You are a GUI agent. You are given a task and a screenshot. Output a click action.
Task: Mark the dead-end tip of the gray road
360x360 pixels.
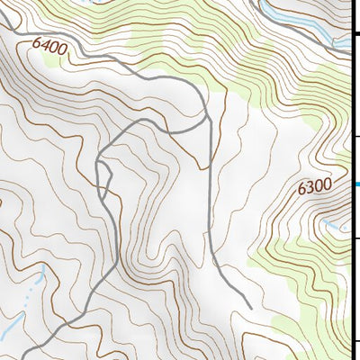[250, 307]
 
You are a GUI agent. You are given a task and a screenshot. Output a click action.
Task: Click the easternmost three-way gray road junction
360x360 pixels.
[207, 117]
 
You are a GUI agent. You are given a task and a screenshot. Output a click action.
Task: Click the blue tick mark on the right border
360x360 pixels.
[356, 184]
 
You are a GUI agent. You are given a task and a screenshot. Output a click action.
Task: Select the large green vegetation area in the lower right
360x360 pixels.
[306, 270]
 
